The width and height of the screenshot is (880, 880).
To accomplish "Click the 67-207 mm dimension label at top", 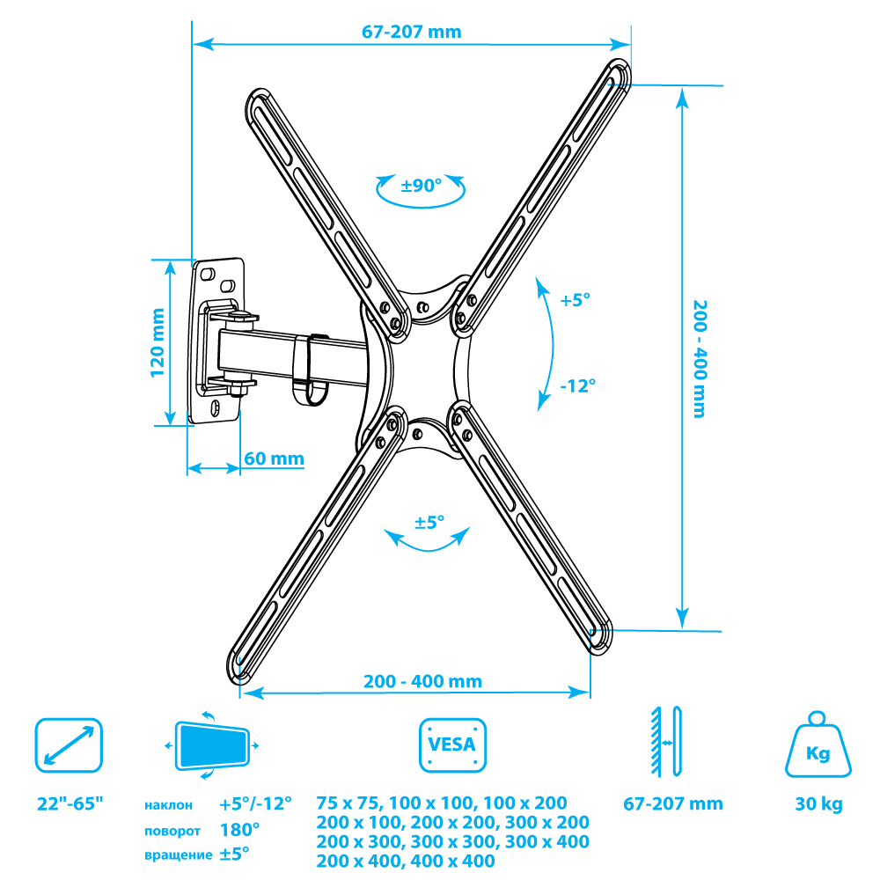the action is (x=411, y=32).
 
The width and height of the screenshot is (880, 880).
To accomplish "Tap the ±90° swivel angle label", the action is (x=421, y=185).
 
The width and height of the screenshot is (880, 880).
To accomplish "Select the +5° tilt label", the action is (x=576, y=300).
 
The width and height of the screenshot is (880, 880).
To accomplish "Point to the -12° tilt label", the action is (x=577, y=385).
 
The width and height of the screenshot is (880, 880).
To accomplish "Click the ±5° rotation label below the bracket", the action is (x=429, y=523).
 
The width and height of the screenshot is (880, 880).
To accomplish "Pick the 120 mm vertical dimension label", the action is (x=158, y=343).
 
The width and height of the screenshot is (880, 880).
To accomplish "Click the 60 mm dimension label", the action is (x=274, y=458).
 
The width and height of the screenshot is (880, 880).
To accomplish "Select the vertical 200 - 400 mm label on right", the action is (x=700, y=359).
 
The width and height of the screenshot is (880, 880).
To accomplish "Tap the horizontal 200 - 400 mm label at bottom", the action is (x=422, y=681).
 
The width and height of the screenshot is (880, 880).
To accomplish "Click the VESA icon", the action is (x=452, y=745).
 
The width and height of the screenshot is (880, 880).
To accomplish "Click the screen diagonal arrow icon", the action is (x=69, y=745).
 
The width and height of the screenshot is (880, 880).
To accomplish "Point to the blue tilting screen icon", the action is (x=212, y=745).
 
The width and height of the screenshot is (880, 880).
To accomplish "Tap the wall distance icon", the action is (x=666, y=742).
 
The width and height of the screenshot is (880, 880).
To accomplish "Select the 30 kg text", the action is (x=818, y=803).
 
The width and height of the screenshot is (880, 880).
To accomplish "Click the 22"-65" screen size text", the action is (x=70, y=803).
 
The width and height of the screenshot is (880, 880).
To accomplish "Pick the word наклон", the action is (x=168, y=805).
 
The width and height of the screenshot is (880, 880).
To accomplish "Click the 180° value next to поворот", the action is (x=239, y=830).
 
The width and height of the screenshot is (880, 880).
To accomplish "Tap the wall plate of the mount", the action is (x=216, y=341).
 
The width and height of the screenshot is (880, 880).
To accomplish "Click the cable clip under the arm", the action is (x=310, y=370).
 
